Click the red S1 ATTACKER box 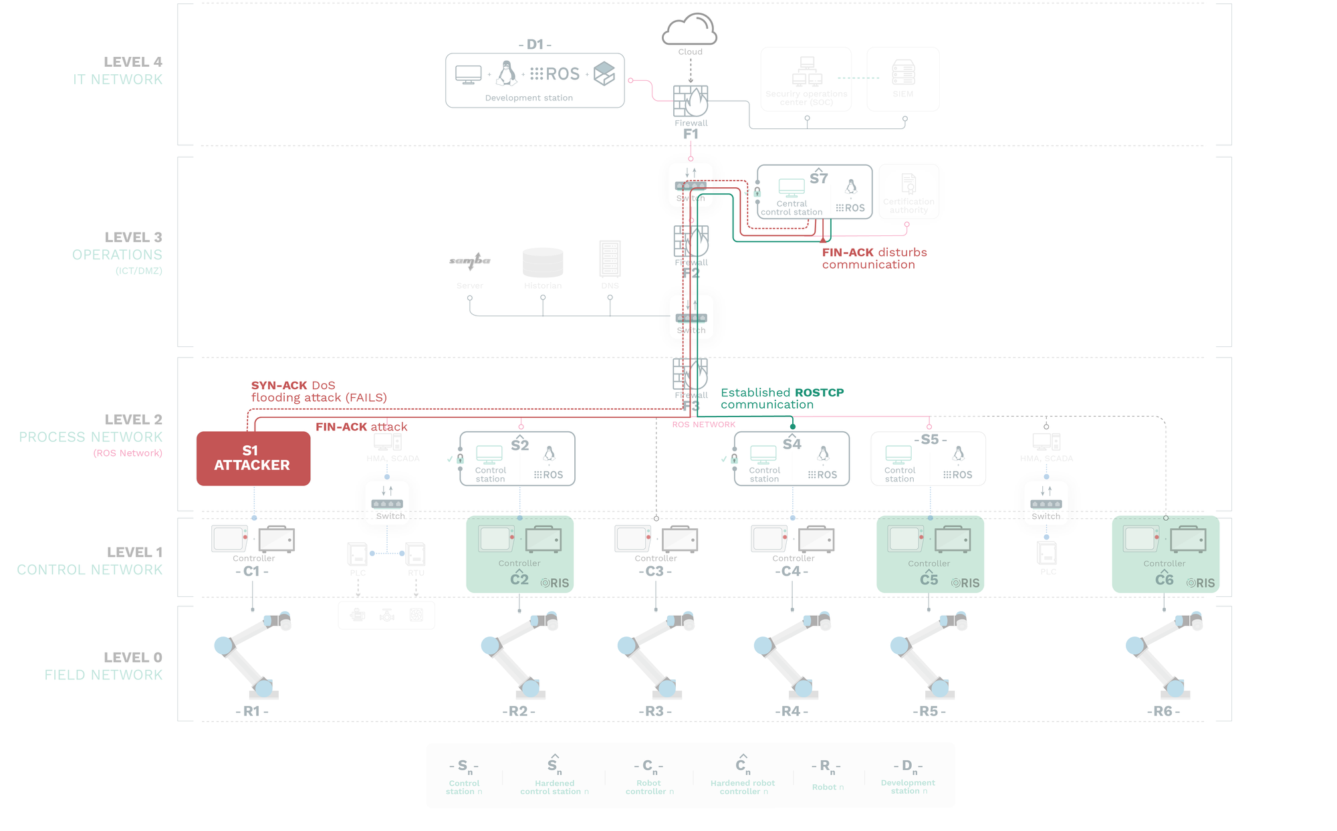pyautogui.click(x=253, y=459)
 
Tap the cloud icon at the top pyautogui.click(x=690, y=30)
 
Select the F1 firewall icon pyautogui.click(x=691, y=102)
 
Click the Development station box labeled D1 pyautogui.click(x=535, y=80)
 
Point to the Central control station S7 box pyautogui.click(x=814, y=192)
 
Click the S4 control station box pyautogui.click(x=792, y=459)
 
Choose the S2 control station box pyautogui.click(x=517, y=459)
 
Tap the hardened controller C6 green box pyautogui.click(x=1165, y=554)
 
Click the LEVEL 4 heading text pyautogui.click(x=132, y=62)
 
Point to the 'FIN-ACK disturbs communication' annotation pyautogui.click(x=874, y=259)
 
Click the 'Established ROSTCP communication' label pyautogui.click(x=782, y=398)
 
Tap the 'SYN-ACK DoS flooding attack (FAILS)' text pyautogui.click(x=319, y=392)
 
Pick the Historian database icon pyautogui.click(x=543, y=263)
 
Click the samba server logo pyautogui.click(x=469, y=261)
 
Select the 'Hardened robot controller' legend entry pyautogui.click(x=742, y=776)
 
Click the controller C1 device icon pyautogui.click(x=253, y=539)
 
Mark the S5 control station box pyautogui.click(x=928, y=459)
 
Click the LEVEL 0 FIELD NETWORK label pyautogui.click(x=103, y=667)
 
